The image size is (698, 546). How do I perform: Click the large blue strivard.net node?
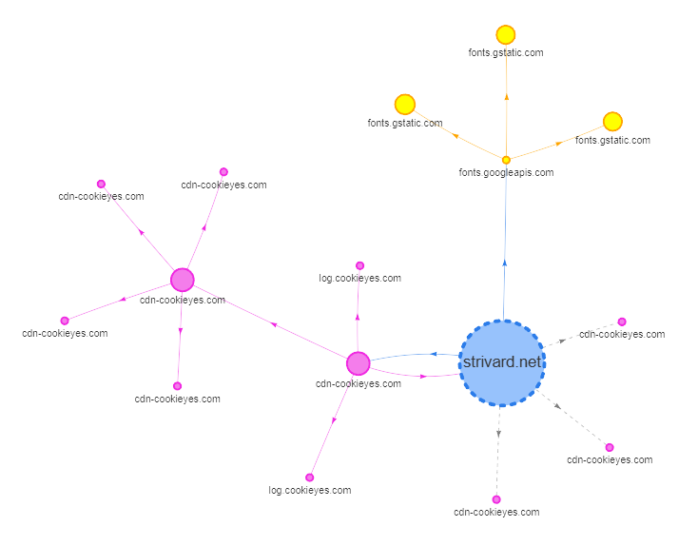point(502,363)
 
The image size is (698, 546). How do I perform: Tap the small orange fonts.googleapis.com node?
point(506,160)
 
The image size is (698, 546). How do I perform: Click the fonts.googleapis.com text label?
point(506,173)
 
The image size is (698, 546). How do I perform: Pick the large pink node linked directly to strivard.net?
point(358,363)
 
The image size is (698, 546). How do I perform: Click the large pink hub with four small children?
point(183,280)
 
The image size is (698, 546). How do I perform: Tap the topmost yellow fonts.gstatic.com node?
point(506,35)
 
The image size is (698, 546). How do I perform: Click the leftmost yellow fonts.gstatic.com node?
point(405,105)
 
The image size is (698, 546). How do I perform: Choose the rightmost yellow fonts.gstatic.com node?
point(612,122)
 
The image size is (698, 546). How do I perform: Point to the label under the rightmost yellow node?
point(612,140)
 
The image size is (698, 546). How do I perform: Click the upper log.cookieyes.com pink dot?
point(359,265)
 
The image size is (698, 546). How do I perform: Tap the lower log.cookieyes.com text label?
point(310,491)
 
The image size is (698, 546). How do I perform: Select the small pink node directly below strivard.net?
point(496,499)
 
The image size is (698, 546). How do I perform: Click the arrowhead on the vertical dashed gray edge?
point(498,435)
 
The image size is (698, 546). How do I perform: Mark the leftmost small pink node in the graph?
point(65,321)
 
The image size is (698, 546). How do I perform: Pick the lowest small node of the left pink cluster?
point(177,386)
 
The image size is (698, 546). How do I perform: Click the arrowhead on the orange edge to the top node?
point(506,95)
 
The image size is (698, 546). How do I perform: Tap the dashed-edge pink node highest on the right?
point(622,322)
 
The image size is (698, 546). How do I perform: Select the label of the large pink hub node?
point(183,300)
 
